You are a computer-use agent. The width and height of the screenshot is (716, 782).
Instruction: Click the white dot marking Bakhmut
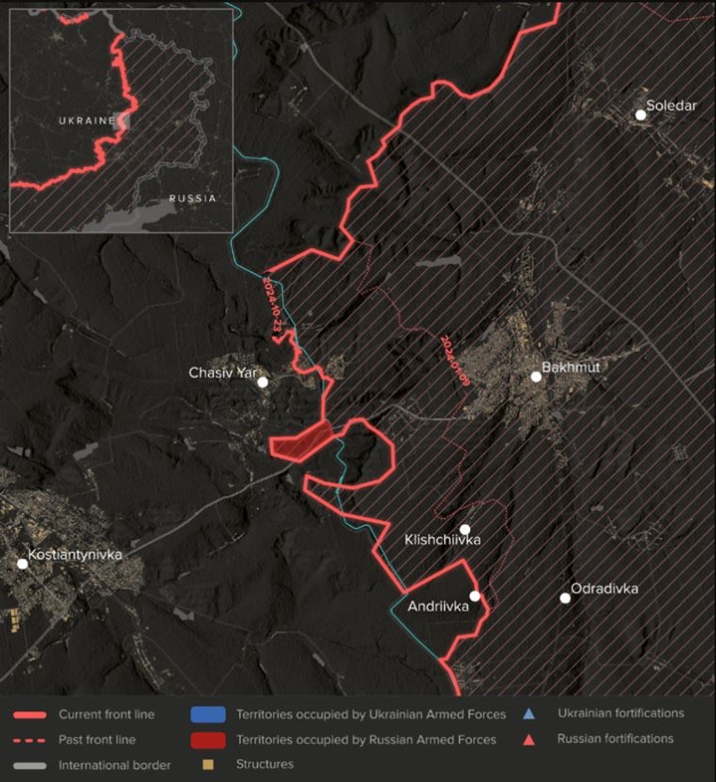[536, 377]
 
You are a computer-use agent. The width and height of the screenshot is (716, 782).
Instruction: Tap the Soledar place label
[671, 106]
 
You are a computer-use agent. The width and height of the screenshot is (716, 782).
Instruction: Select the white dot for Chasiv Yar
[263, 382]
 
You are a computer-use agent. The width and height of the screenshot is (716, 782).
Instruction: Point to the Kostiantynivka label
[75, 555]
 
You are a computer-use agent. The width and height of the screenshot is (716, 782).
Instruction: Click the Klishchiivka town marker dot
[465, 529]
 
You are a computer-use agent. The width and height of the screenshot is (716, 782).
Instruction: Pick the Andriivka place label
[437, 605]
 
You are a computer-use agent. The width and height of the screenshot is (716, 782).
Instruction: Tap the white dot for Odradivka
[565, 598]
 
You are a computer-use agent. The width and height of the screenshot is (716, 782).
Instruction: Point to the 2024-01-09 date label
[455, 361]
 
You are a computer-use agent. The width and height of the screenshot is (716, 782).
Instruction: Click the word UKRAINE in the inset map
[86, 121]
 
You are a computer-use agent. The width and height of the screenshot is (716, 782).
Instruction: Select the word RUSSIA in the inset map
[192, 199]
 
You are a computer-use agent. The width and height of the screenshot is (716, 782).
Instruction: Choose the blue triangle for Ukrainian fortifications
[529, 714]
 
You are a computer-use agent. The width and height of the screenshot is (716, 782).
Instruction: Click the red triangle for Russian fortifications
[529, 739]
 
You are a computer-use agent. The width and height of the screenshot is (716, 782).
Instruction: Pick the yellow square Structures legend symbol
[207, 764]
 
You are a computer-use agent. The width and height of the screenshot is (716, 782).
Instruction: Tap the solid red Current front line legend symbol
[29, 715]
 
